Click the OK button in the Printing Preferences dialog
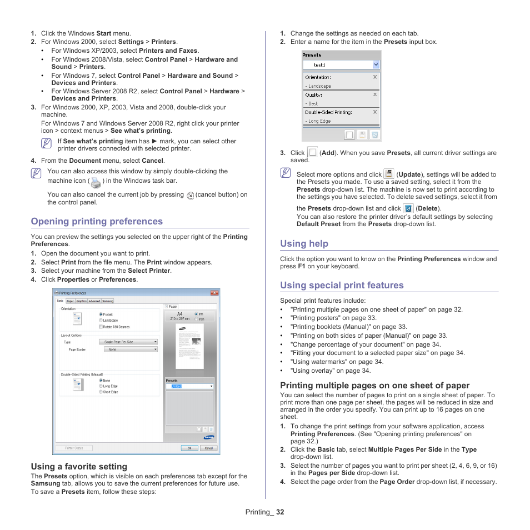tap(189, 448)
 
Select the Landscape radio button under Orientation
tap(101, 320)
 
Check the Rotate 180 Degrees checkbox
tap(101, 327)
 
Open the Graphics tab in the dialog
tap(82, 301)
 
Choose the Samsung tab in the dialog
tap(108, 301)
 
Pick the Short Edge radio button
tap(101, 392)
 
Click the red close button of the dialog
tap(214, 293)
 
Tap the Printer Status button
tap(74, 448)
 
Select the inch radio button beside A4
tap(196, 319)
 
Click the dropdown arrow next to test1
tap(376, 64)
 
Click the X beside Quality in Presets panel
tap(375, 95)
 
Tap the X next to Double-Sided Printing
tap(375, 112)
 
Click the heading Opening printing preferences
tap(97, 221)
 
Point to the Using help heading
tap(304, 243)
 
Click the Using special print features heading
tap(342, 285)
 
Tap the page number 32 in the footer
tap(279, 512)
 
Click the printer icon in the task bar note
tap(96, 182)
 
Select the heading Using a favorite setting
tap(79, 467)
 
